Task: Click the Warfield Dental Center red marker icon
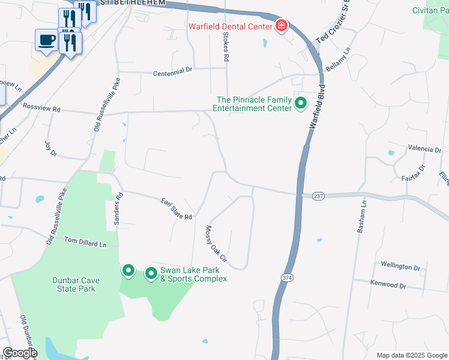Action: coord(281,26)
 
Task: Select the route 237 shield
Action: coord(318,197)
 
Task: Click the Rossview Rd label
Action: coord(41,109)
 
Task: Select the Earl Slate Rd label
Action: coord(176,208)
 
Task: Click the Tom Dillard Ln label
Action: coord(85,242)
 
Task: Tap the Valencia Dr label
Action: coord(424,148)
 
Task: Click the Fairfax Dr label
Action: coord(414,173)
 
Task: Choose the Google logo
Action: coord(20,353)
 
